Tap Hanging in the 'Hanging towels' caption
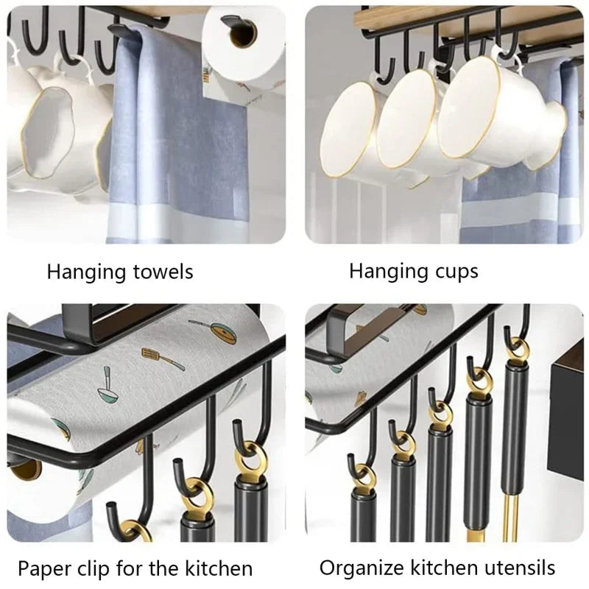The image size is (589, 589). (x=79, y=272)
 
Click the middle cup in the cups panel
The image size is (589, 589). (x=412, y=121)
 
